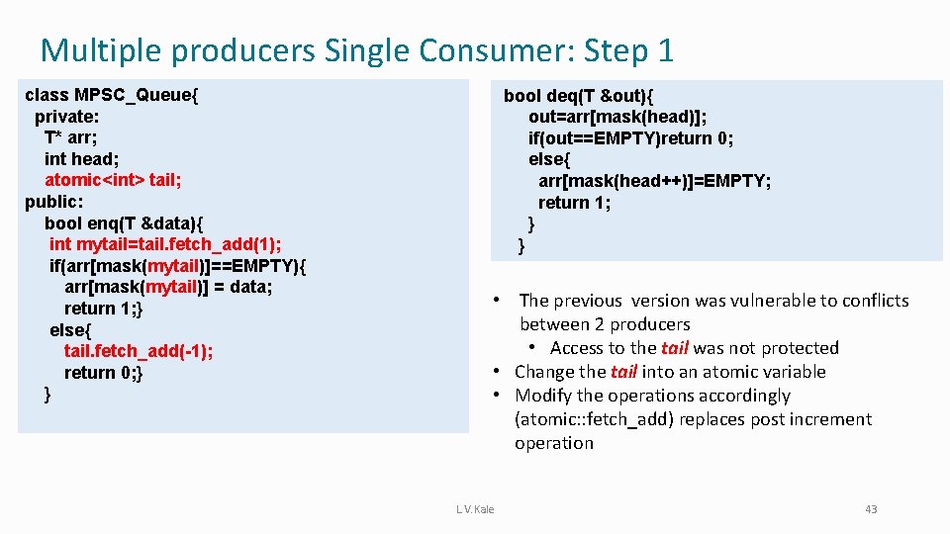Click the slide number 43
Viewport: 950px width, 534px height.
pyautogui.click(x=871, y=509)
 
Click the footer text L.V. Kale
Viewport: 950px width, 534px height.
pyautogui.click(x=475, y=509)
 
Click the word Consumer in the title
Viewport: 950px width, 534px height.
pyautogui.click(x=489, y=49)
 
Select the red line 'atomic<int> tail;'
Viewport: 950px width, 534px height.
pyautogui.click(x=113, y=180)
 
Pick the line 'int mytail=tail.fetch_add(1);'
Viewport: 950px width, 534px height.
pyautogui.click(x=165, y=244)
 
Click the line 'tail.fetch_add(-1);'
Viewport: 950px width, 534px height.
pyautogui.click(x=139, y=351)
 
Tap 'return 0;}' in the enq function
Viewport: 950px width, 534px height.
pyautogui.click(x=104, y=373)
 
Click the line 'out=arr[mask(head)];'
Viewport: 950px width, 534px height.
pyautogui.click(x=617, y=117)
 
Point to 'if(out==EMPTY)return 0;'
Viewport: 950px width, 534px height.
pyautogui.click(x=630, y=138)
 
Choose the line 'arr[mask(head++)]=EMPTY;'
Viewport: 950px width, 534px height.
pyautogui.click(x=654, y=181)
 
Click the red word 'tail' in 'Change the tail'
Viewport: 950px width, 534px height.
pyautogui.click(x=623, y=372)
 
